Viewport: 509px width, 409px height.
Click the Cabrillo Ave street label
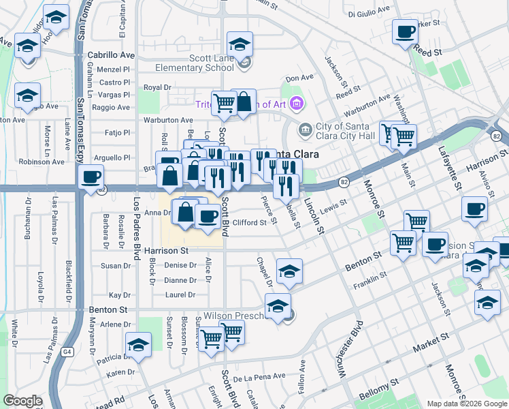click(112, 55)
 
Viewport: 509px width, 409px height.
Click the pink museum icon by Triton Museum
click(296, 104)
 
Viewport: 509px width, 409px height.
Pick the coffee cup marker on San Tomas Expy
click(91, 179)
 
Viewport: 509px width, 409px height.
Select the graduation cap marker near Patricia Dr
click(138, 346)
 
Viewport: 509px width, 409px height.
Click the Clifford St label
click(250, 223)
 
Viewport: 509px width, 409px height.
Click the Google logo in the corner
click(22, 401)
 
